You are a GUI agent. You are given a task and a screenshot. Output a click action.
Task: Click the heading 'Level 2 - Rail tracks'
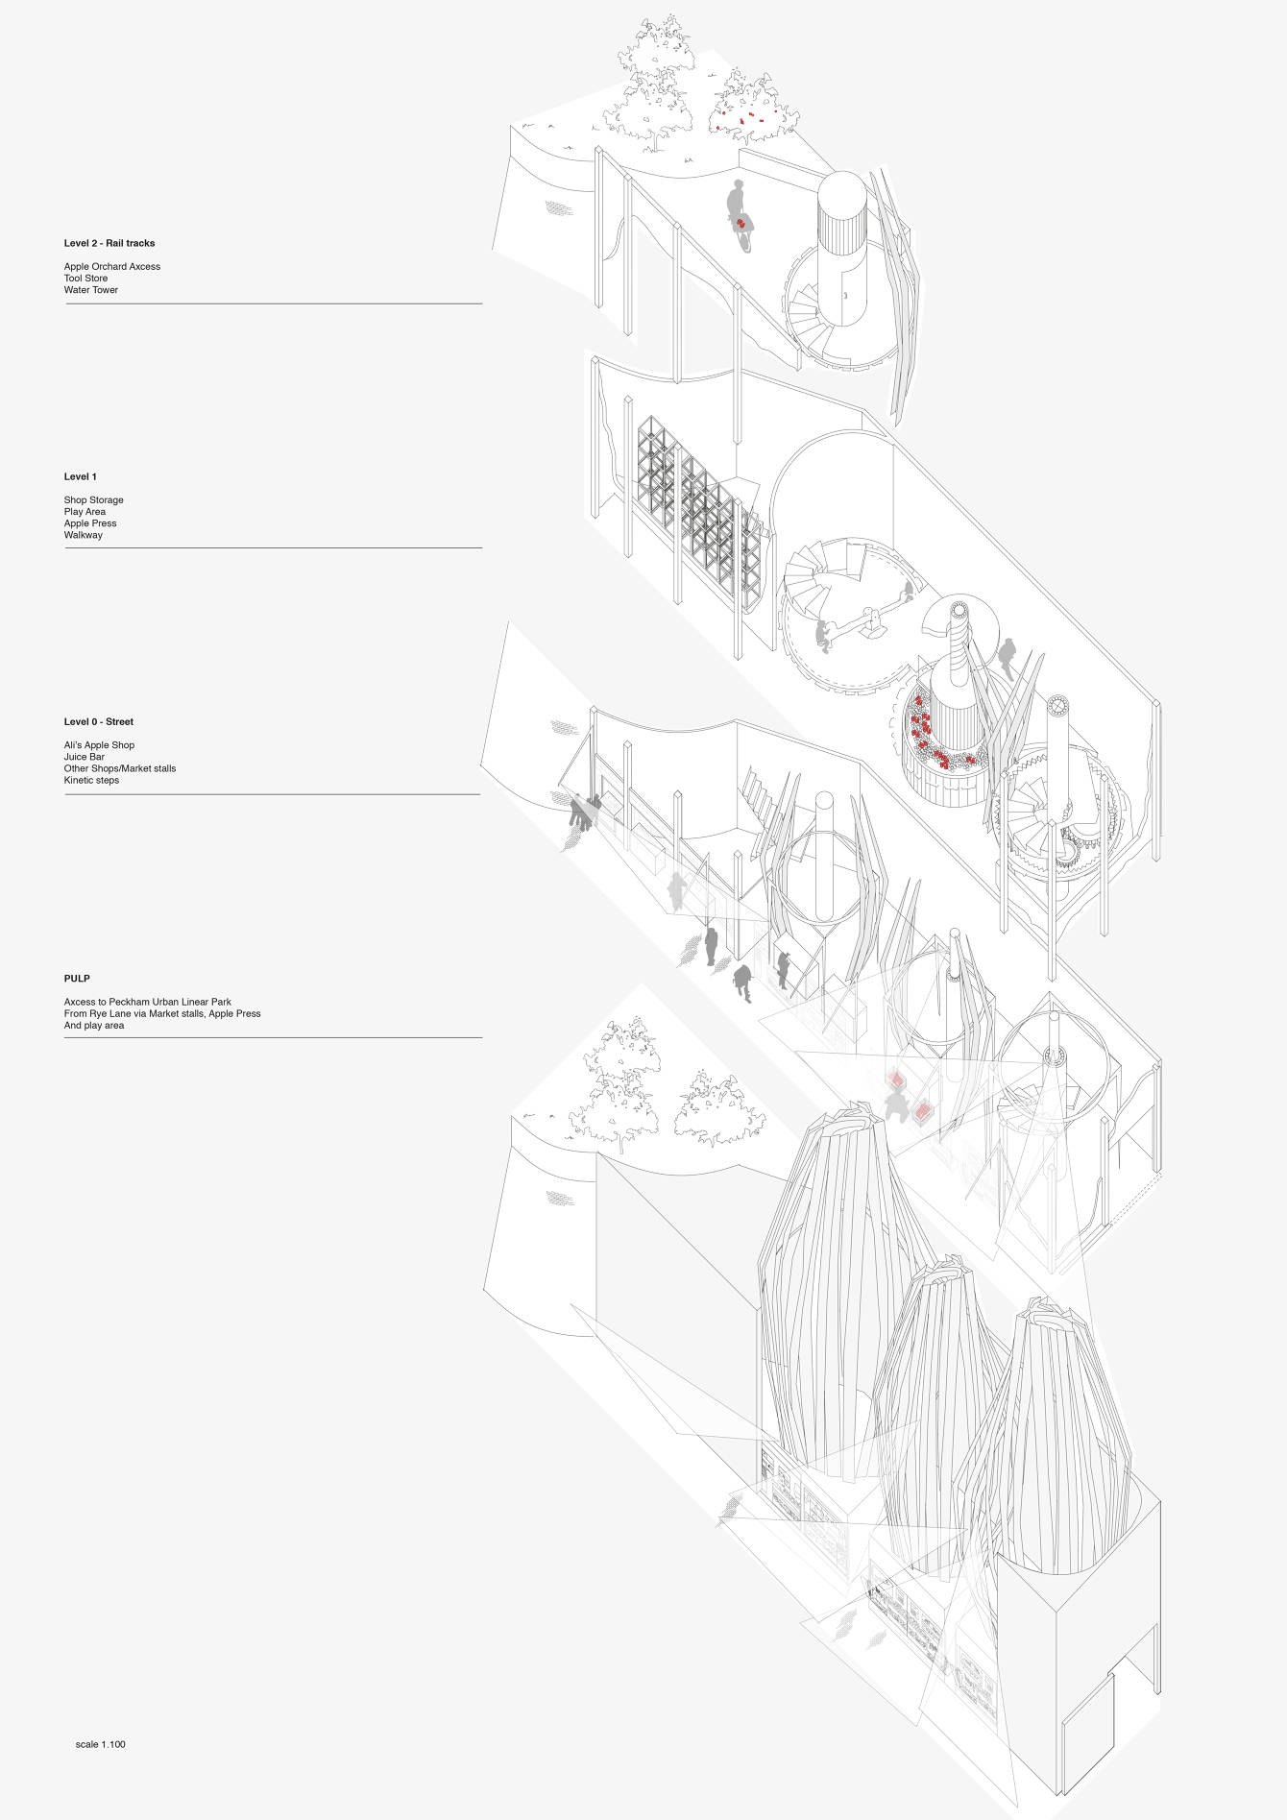click(109, 243)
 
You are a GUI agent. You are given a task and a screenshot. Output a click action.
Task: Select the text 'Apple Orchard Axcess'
click(112, 267)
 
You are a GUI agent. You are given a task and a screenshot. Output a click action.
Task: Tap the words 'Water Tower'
click(91, 290)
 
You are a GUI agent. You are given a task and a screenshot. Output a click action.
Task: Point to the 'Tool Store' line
click(85, 279)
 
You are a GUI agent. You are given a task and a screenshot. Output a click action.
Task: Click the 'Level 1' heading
click(81, 476)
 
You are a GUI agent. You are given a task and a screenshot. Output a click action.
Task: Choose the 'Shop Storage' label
click(94, 500)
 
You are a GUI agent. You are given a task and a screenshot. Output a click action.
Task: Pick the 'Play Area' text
click(85, 512)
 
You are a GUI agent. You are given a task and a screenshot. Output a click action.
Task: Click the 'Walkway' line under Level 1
click(84, 535)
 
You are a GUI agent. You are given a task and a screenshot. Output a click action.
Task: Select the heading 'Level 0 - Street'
click(99, 721)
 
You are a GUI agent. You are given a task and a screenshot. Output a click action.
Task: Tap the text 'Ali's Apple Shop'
click(99, 745)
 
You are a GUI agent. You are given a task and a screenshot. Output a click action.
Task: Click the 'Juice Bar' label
click(85, 757)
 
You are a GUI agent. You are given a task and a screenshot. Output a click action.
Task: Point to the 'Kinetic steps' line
click(92, 780)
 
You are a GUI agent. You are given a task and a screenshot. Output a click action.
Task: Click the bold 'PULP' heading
click(77, 979)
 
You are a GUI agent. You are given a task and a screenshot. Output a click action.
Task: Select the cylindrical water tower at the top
click(841, 221)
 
